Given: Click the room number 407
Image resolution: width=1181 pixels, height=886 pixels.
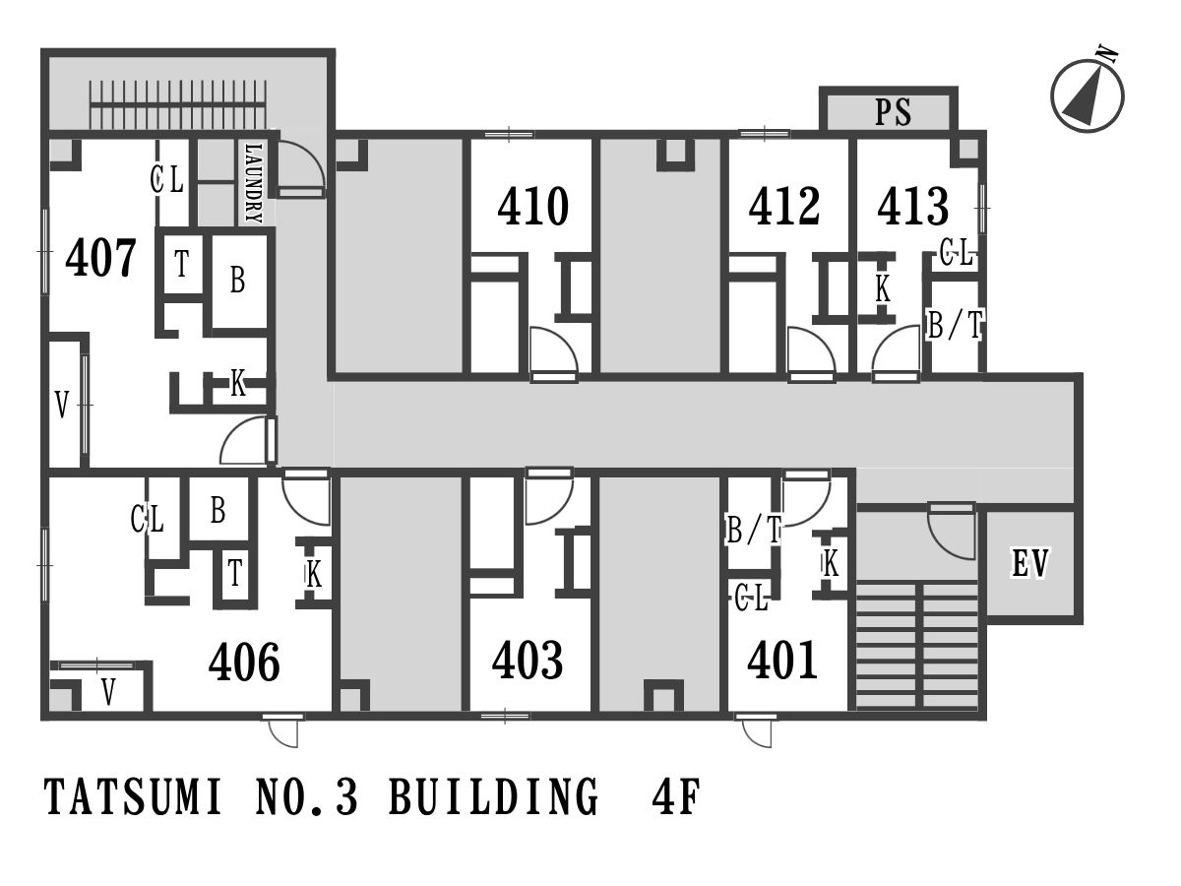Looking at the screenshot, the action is click(x=100, y=258).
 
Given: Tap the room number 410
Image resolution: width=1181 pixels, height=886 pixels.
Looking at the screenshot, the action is click(x=532, y=206).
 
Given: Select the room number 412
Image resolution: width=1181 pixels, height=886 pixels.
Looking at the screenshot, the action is click(x=784, y=206).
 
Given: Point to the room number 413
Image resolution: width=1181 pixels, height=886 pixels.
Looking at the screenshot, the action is click(x=913, y=206).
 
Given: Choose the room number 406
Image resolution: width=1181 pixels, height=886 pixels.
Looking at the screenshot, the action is click(x=244, y=662).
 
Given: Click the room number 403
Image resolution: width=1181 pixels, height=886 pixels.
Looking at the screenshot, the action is click(x=528, y=660).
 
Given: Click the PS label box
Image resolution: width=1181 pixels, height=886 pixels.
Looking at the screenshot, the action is click(x=889, y=111).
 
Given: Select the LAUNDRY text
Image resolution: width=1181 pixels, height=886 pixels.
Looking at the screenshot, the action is click(x=254, y=183).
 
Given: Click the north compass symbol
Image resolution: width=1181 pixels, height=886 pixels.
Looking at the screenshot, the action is click(x=1088, y=95).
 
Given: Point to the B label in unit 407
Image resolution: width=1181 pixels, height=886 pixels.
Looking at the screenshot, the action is click(x=238, y=281).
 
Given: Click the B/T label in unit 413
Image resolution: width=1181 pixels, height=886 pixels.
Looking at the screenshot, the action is click(x=955, y=325).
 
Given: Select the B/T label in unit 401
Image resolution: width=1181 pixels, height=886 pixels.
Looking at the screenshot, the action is click(x=753, y=530).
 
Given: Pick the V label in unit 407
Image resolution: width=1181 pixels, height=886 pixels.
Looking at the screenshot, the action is click(x=62, y=404).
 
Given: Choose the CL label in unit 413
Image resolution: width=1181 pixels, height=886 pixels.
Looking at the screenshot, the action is click(x=956, y=253).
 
